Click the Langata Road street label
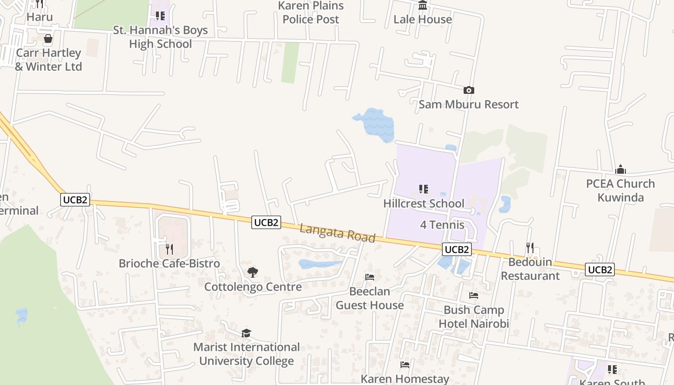pyautogui.click(x=337, y=233)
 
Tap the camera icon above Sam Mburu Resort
pyautogui.click(x=468, y=90)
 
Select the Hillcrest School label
pyautogui.click(x=424, y=204)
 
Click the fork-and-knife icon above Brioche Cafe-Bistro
pyautogui.click(x=169, y=249)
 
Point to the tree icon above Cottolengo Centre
pyautogui.click(x=253, y=272)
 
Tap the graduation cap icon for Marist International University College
pyautogui.click(x=246, y=333)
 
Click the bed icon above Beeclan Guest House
pyautogui.click(x=370, y=277)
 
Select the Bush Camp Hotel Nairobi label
pyautogui.click(x=474, y=317)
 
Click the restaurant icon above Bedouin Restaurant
pyautogui.click(x=530, y=248)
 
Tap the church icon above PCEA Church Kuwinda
pyautogui.click(x=621, y=169)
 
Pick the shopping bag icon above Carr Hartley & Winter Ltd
pyautogui.click(x=48, y=38)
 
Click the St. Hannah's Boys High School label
pyautogui.click(x=160, y=37)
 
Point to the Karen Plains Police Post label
pyautogui.click(x=311, y=13)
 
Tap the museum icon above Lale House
pyautogui.click(x=423, y=5)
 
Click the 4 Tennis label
pyautogui.click(x=442, y=225)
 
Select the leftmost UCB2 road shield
pyautogui.click(x=76, y=199)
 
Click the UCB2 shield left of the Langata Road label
pyautogui.click(x=266, y=222)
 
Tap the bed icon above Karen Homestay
pyautogui.click(x=405, y=365)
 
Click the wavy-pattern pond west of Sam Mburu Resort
pyautogui.click(x=376, y=124)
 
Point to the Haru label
pyautogui.click(x=39, y=17)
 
